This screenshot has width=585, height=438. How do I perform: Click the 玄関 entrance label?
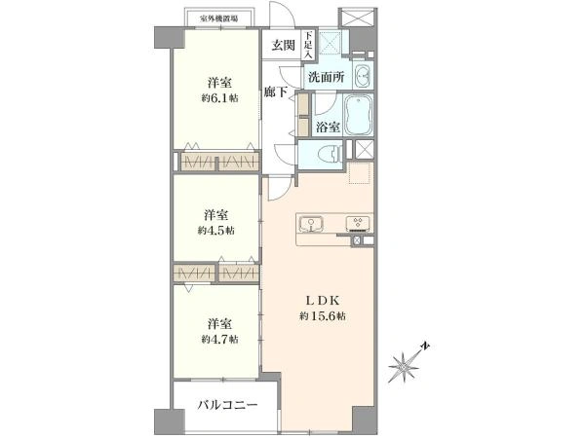click(x=283, y=44)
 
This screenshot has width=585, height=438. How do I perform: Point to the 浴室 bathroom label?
click(x=328, y=128)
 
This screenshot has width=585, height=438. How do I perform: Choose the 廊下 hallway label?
click(x=276, y=92)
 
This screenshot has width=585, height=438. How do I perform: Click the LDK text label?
click(x=324, y=301)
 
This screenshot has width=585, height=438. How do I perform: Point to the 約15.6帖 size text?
click(x=325, y=318)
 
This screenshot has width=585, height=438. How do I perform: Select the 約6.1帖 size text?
click(x=219, y=98)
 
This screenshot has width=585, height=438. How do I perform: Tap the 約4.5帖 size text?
click(x=216, y=231)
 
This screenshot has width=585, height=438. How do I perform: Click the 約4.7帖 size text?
click(x=218, y=339)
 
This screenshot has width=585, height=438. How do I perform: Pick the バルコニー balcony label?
click(x=227, y=403)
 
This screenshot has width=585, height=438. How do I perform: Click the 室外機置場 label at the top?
click(x=219, y=18)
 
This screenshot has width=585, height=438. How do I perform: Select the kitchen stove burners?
click(x=361, y=222)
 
